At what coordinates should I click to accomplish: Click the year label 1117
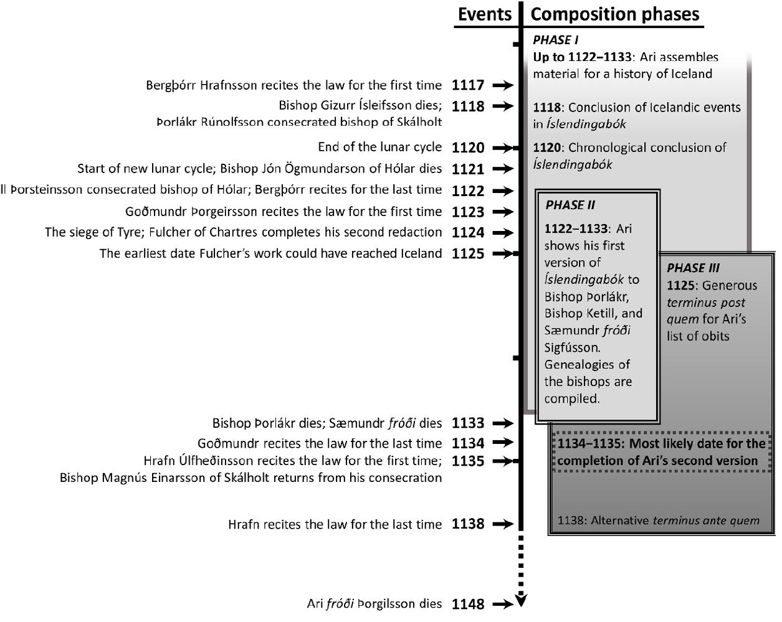[468, 85]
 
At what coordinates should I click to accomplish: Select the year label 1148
[468, 604]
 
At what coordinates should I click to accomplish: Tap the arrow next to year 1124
[502, 233]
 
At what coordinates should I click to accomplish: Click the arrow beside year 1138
[502, 524]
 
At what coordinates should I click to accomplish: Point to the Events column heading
[484, 14]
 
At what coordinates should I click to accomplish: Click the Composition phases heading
[614, 14]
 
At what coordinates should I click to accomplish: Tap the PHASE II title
[570, 205]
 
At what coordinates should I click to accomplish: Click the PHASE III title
[693, 268]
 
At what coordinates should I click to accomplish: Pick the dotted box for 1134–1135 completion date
[660, 453]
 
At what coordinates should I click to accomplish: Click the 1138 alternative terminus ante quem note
[659, 521]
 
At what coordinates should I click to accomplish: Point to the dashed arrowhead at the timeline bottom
[522, 601]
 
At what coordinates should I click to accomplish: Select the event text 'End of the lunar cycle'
[379, 148]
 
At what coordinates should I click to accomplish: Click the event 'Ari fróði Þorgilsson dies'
[374, 604]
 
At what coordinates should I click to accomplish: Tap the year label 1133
[468, 423]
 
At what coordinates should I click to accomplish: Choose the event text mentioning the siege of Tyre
[243, 233]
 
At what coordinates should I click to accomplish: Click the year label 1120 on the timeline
[468, 148]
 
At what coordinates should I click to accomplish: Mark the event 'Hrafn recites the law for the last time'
[335, 525]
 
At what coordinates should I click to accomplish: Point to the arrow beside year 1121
[502, 169]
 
